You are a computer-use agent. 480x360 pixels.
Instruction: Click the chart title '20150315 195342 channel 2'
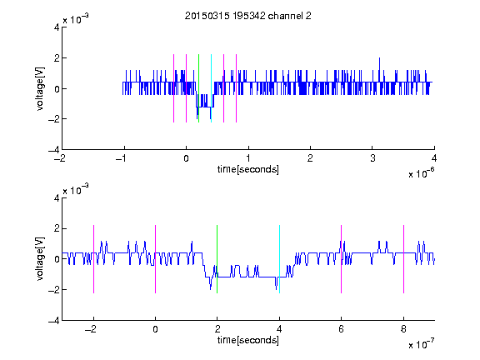(248, 16)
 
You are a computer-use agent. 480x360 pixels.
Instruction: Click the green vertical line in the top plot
(198, 88)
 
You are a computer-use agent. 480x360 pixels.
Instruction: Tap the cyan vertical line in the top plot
(211, 88)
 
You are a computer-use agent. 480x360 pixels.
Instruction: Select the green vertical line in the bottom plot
(217, 259)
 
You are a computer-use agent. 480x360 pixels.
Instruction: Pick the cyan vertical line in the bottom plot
(279, 259)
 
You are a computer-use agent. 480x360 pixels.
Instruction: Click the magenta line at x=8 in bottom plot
(404, 259)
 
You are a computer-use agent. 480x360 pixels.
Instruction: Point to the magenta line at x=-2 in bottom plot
(93, 259)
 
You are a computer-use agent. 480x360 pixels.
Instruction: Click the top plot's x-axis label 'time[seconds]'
(248, 169)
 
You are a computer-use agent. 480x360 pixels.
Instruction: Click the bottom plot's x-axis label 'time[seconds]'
(248, 340)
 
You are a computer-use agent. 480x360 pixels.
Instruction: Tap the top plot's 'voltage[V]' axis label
(40, 88)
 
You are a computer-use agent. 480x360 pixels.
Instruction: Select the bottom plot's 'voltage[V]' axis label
(40, 258)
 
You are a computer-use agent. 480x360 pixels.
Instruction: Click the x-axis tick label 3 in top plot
(372, 158)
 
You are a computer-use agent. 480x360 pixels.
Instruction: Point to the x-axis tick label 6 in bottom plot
(342, 329)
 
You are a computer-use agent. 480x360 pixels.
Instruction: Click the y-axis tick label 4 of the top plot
(57, 27)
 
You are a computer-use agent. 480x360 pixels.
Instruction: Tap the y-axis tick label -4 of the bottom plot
(54, 321)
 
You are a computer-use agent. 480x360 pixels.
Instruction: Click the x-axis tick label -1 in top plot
(122, 158)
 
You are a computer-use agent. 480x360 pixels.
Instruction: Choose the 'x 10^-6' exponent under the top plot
(421, 173)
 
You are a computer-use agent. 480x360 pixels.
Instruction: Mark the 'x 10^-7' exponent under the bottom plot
(421, 344)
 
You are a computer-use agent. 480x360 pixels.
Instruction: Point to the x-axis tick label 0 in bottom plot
(156, 329)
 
